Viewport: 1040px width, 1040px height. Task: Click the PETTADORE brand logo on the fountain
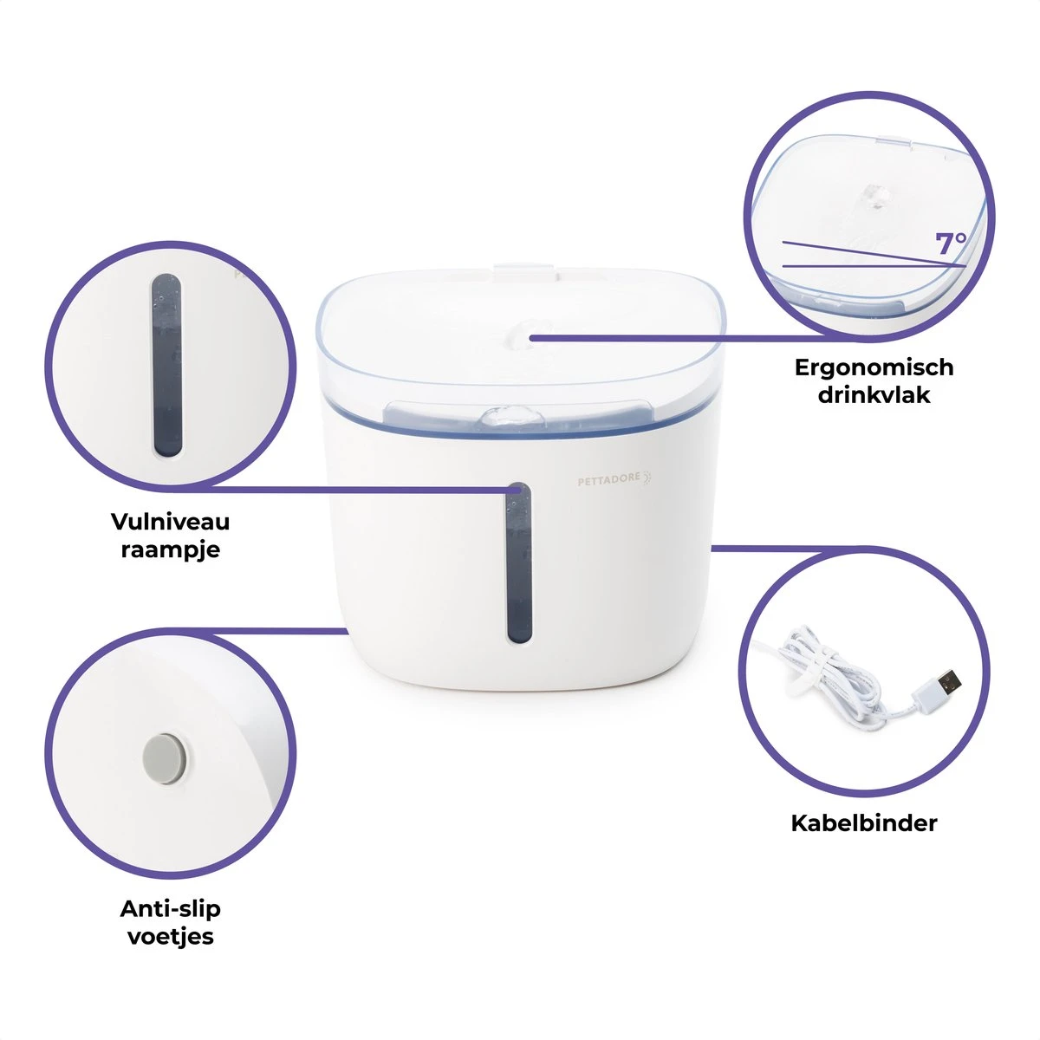(x=614, y=478)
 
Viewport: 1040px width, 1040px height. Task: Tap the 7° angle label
(x=951, y=244)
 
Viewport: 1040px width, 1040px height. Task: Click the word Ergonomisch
(x=874, y=368)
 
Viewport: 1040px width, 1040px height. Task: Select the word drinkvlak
(x=874, y=394)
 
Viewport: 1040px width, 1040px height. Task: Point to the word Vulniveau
(x=170, y=522)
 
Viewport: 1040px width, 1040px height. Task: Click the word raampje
(x=170, y=550)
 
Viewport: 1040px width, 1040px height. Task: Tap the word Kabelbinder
(x=864, y=823)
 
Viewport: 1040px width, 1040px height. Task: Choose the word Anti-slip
(x=170, y=909)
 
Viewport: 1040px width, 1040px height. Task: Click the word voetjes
(x=170, y=936)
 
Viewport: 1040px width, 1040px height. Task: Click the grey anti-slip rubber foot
(x=166, y=758)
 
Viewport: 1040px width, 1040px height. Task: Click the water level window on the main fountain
(x=519, y=563)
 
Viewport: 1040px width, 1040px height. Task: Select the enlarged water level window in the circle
(x=166, y=366)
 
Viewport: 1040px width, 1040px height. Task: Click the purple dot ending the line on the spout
(x=531, y=338)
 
